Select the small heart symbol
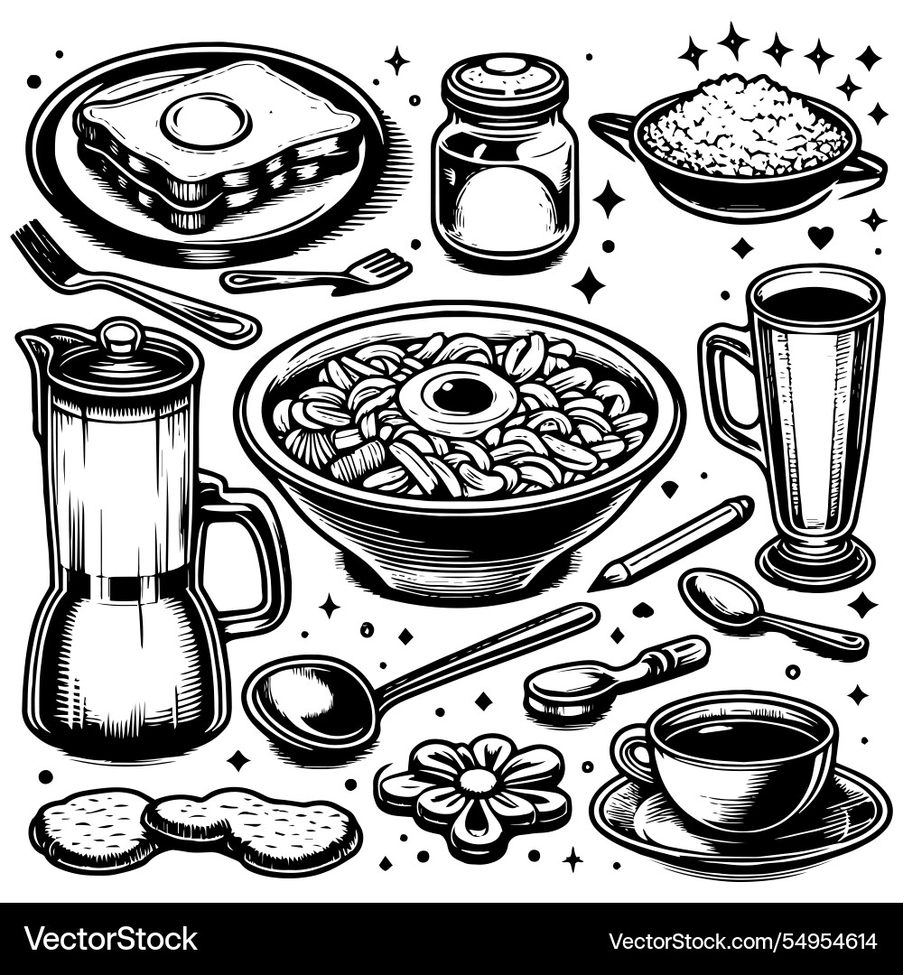[x=820, y=237]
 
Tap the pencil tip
[x=600, y=580]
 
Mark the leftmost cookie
[x=90, y=826]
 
